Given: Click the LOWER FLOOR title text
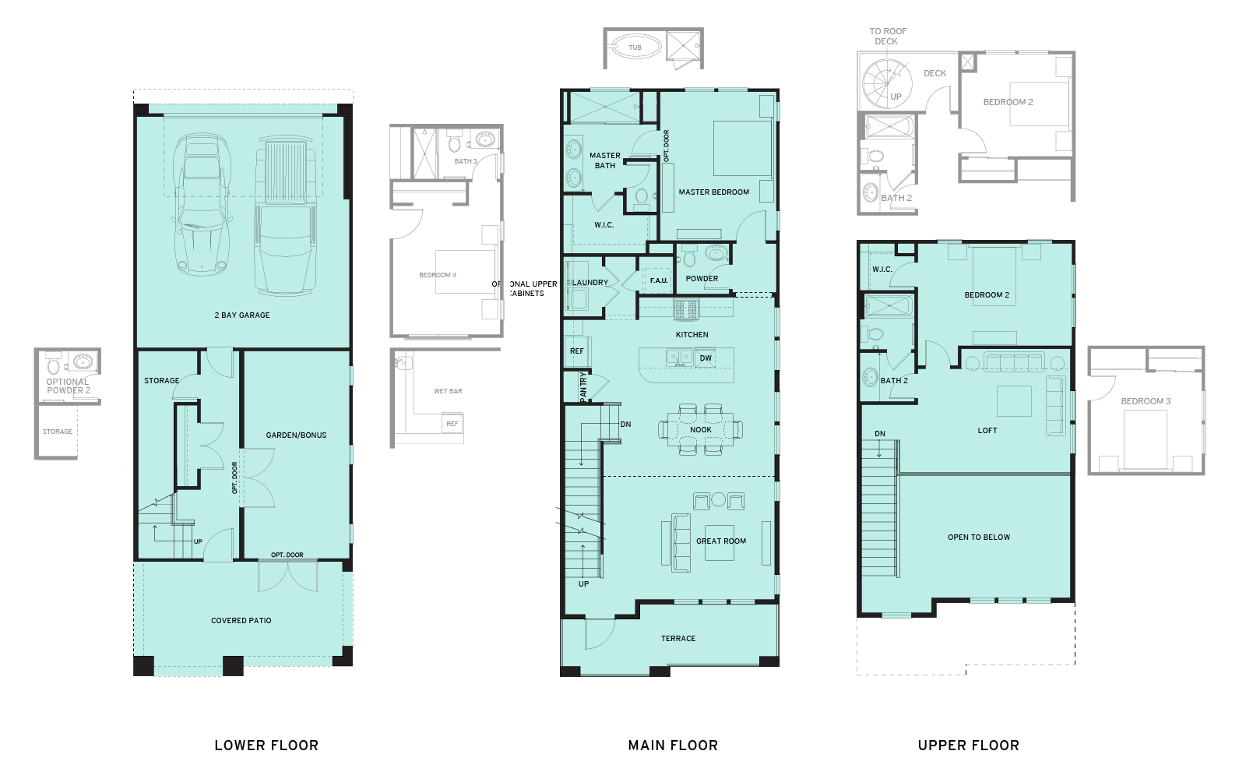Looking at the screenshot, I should pyautogui.click(x=266, y=746).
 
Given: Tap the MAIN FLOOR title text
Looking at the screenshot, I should pyautogui.click(x=673, y=746).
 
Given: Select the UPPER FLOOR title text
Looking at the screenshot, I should pyautogui.click(x=968, y=746).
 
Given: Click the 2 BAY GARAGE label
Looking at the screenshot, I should pyautogui.click(x=242, y=315).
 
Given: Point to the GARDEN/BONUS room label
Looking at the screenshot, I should pyautogui.click(x=296, y=435).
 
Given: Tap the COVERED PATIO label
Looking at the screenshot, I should pyautogui.click(x=241, y=621).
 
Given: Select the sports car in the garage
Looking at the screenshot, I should pyautogui.click(x=202, y=204).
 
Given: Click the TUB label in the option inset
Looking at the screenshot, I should pyautogui.click(x=635, y=48).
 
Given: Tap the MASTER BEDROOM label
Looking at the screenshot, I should pyautogui.click(x=713, y=192).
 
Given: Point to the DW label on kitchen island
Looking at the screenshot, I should pyautogui.click(x=706, y=358).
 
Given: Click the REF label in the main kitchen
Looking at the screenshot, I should pyautogui.click(x=576, y=351).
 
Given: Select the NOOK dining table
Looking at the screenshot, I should pyautogui.click(x=700, y=429).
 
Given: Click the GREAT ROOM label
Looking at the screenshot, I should pyautogui.click(x=721, y=541).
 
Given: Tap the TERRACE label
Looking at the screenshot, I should pyautogui.click(x=678, y=638).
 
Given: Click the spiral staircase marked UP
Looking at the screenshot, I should pyautogui.click(x=888, y=83).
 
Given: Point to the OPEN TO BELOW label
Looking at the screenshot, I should pyautogui.click(x=979, y=538).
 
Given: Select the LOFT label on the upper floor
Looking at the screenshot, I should pyautogui.click(x=987, y=430).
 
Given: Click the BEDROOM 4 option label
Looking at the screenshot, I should pyautogui.click(x=438, y=275).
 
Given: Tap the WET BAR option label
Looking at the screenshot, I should pyautogui.click(x=448, y=391).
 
